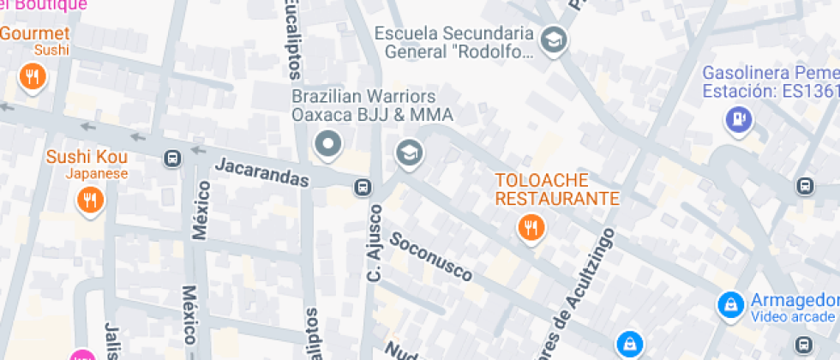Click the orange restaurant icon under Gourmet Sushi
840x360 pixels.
tap(33, 78)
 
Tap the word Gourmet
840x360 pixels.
tap(34, 33)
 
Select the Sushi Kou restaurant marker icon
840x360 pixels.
tap(89, 201)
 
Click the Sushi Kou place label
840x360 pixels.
tap(87, 157)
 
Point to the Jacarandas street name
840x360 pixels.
tap(261, 171)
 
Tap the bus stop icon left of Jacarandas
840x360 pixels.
tap(172, 159)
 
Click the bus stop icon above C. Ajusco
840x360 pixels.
tap(363, 186)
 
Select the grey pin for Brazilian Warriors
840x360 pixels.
tap(327, 144)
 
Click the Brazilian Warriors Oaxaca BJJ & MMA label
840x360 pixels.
tap(372, 105)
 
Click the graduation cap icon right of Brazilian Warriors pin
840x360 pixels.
tap(409, 153)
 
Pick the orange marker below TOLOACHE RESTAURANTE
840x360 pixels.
tap(531, 227)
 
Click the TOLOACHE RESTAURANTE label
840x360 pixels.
tap(557, 189)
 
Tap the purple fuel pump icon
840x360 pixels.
tap(737, 119)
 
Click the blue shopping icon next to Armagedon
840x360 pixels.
tap(729, 303)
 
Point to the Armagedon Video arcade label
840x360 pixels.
tap(794, 308)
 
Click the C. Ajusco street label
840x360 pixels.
tap(374, 242)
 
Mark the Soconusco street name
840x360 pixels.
tap(431, 255)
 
